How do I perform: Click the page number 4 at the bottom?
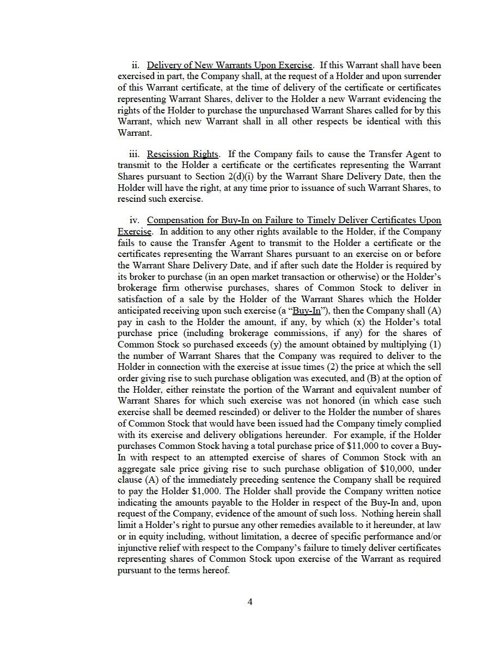(x=250, y=602)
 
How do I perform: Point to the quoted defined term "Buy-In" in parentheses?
(x=306, y=311)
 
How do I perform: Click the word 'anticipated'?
(x=142, y=311)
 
